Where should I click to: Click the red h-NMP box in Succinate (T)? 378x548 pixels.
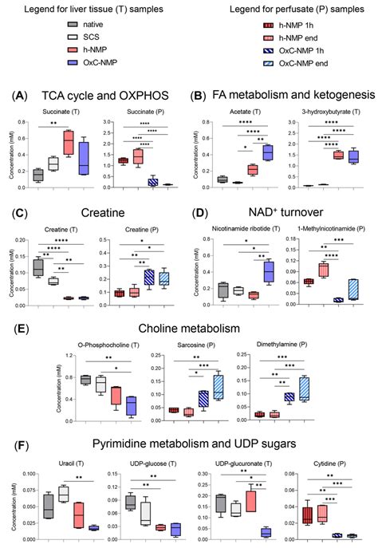pos(69,144)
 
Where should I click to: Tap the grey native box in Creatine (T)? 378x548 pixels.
pos(38,267)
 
